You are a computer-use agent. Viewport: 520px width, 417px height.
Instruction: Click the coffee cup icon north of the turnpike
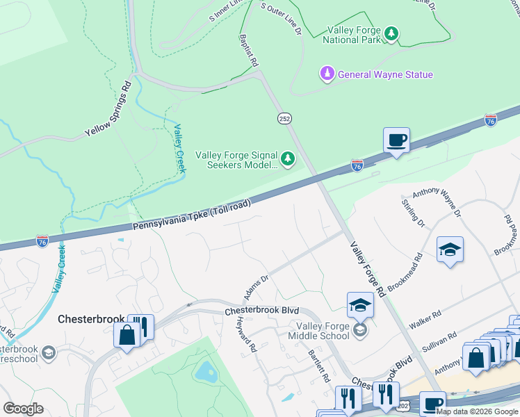coord(396,140)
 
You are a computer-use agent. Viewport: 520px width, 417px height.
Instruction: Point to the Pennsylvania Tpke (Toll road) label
coord(191,217)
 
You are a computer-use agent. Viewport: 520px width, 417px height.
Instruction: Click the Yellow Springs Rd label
coord(108,110)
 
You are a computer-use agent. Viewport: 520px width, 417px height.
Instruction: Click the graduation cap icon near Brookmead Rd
coord(450,250)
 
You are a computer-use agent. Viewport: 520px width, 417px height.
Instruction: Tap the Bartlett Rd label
coord(318,363)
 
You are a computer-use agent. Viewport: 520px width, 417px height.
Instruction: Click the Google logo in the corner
coord(23,408)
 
